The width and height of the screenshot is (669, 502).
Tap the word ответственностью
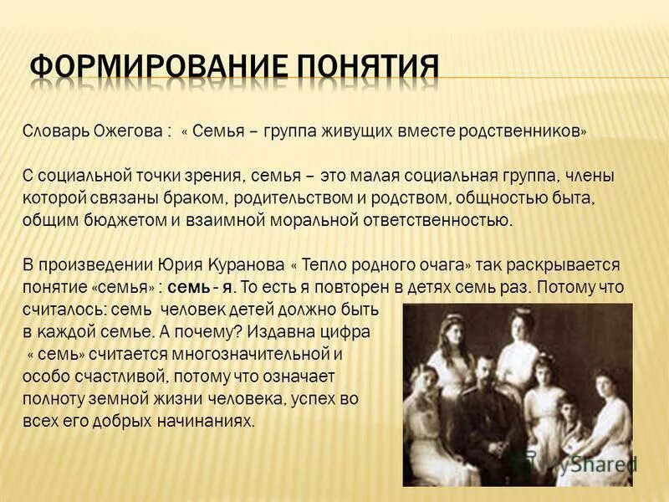click(x=436, y=220)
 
